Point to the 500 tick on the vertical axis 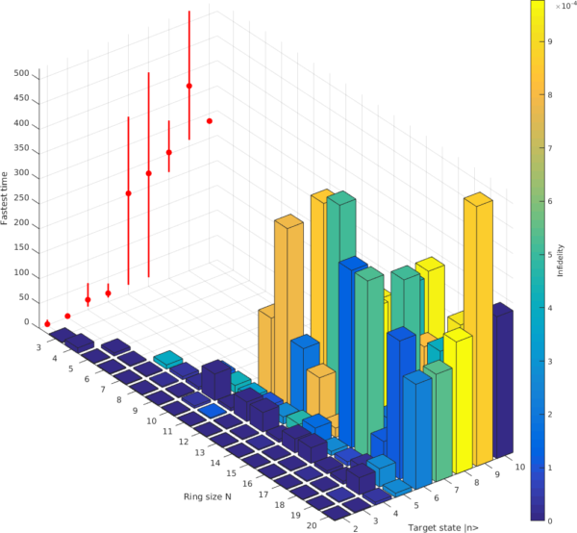[20, 73]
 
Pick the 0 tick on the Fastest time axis [27, 322]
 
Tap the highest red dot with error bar [188, 86]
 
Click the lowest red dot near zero [47, 323]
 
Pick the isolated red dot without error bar [209, 121]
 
